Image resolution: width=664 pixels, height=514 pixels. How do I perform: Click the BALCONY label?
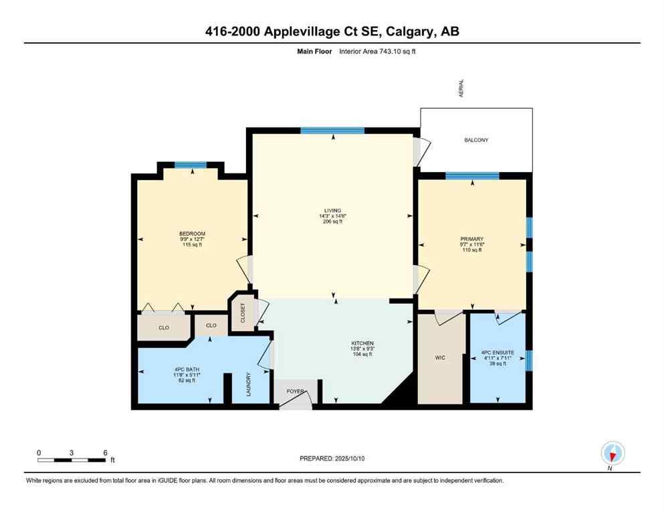tap(476, 140)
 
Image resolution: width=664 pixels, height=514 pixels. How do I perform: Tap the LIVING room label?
tap(332, 210)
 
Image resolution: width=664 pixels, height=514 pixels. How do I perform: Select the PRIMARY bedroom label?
tap(471, 239)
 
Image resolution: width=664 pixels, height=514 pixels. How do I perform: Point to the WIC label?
tap(440, 358)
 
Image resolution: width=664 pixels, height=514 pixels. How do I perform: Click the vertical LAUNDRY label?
tap(248, 384)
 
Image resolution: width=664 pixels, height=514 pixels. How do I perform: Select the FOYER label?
tap(295, 390)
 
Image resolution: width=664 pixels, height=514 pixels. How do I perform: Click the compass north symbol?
tap(613, 453)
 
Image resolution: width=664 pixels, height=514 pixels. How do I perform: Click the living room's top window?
tap(332, 131)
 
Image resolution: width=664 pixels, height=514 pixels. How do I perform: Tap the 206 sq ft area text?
tap(332, 222)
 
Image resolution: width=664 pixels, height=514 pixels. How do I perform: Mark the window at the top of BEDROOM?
tap(191, 165)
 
